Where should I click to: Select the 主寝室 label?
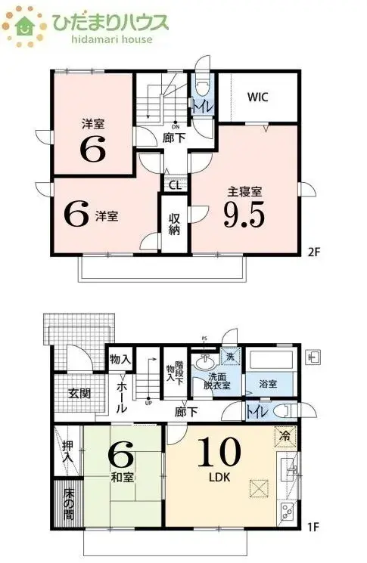pyautogui.click(x=244, y=191)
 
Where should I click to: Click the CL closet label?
pyautogui.click(x=173, y=184)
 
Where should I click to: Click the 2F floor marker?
pyautogui.click(x=315, y=252)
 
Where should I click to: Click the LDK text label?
pyautogui.click(x=219, y=478)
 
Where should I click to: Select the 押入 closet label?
pyautogui.click(x=67, y=453)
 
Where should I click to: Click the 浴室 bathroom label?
pyautogui.click(x=267, y=384)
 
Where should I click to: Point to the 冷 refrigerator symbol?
pyautogui.click(x=284, y=436)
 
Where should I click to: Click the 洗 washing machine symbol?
pyautogui.click(x=229, y=357)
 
